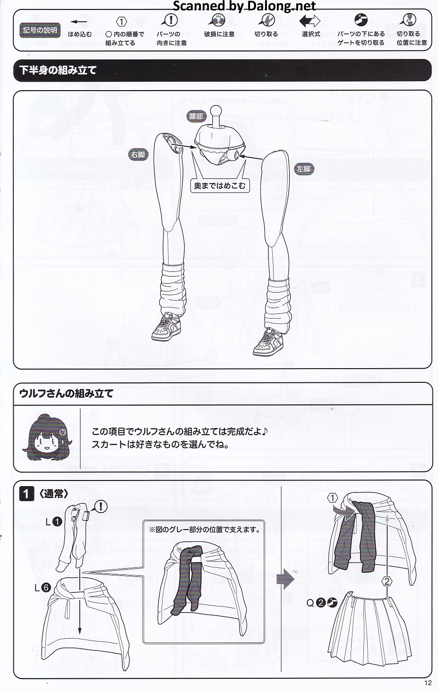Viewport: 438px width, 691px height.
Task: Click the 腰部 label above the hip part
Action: tap(196, 116)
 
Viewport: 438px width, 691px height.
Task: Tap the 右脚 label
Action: tap(138, 154)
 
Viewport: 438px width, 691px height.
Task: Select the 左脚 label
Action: tap(304, 169)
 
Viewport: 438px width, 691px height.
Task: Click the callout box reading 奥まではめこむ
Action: tap(220, 185)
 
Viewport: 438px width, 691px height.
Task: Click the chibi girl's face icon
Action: tap(47, 438)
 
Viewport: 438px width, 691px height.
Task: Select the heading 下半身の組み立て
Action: tap(58, 70)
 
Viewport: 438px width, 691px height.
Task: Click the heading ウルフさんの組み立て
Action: tap(66, 393)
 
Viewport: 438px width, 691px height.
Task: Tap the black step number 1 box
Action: tap(26, 494)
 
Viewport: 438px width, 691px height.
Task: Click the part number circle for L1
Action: tap(58, 522)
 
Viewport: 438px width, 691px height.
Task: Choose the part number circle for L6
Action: tap(46, 588)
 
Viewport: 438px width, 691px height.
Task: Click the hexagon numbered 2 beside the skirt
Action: tap(386, 581)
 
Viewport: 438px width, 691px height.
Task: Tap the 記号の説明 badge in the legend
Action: tap(40, 30)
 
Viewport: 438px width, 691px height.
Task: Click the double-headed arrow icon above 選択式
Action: tap(309, 21)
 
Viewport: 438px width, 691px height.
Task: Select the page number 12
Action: tap(428, 683)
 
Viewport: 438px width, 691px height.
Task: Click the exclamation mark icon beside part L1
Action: tap(101, 506)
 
